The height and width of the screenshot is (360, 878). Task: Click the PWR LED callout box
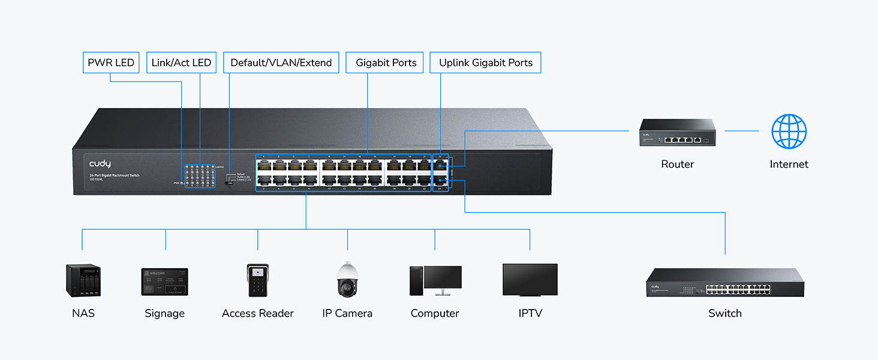click(x=111, y=63)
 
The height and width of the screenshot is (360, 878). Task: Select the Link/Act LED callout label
click(x=181, y=63)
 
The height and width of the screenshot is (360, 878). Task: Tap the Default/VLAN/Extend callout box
click(x=281, y=63)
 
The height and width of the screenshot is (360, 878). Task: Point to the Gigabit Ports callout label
click(x=385, y=63)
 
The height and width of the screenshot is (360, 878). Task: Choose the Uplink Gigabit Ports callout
click(x=486, y=63)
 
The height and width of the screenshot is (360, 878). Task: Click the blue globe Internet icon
click(x=789, y=131)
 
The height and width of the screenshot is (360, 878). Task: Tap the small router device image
click(x=677, y=133)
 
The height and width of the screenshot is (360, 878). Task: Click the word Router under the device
click(x=677, y=164)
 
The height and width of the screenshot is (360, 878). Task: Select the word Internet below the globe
click(x=789, y=164)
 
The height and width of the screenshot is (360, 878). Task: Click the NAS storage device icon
click(x=83, y=281)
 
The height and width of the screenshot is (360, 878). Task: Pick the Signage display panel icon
click(x=164, y=281)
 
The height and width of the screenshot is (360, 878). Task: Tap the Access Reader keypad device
click(x=258, y=280)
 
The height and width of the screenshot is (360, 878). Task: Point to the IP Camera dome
click(x=347, y=280)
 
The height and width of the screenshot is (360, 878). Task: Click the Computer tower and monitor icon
click(x=435, y=281)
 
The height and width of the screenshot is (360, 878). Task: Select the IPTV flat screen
click(x=530, y=280)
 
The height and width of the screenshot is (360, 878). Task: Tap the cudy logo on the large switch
click(x=100, y=164)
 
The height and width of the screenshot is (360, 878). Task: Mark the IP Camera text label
click(x=347, y=313)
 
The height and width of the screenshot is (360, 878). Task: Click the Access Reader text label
click(x=258, y=313)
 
